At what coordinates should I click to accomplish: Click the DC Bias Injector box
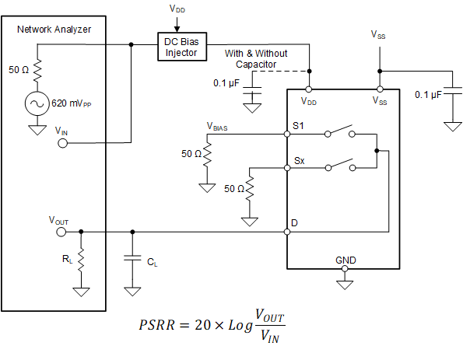(x=181, y=46)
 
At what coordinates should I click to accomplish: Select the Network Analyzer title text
(x=54, y=30)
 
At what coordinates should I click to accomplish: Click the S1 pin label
(x=299, y=124)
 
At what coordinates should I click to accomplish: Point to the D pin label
(x=295, y=223)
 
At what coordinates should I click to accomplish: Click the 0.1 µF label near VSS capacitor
(x=427, y=94)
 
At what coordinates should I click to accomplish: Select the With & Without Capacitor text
(x=256, y=58)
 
